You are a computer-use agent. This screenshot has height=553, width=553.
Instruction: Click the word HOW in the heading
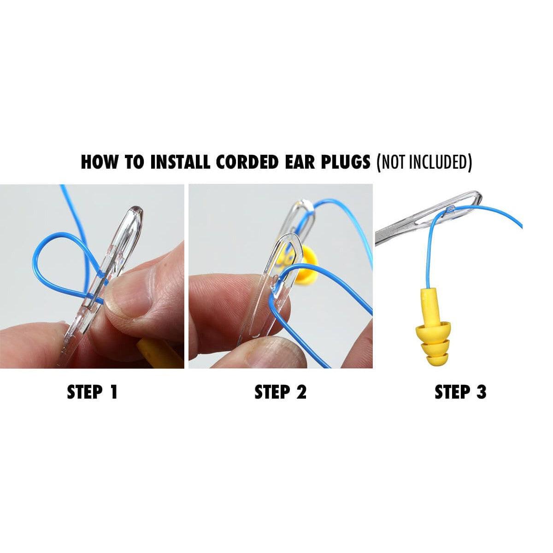tap(99, 162)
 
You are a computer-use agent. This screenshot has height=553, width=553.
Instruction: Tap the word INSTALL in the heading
tap(180, 162)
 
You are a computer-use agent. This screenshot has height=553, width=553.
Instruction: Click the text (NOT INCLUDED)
tap(424, 162)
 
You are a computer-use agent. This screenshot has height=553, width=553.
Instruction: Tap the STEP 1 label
tap(93, 392)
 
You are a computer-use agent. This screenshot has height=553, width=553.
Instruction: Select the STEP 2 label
tap(280, 392)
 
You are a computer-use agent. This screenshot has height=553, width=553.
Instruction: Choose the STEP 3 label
tap(460, 392)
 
